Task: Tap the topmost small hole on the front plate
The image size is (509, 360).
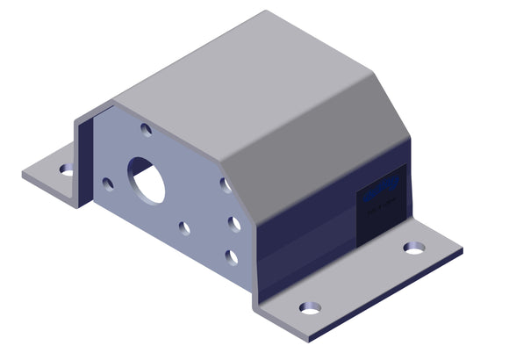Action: pos(146,129)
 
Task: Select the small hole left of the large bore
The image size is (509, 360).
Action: pos(107,184)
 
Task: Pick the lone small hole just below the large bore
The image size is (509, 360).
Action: pos(184,228)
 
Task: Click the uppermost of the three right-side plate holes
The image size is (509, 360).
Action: pos(226,185)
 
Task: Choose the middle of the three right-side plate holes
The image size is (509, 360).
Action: pos(234,224)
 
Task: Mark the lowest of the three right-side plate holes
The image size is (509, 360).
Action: pos(231,256)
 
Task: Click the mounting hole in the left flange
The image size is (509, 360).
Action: pos(67,169)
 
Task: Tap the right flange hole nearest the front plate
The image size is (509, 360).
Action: pos(309,308)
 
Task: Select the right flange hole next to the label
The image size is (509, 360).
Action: pos(413,248)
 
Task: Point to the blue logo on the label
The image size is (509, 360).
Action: pos(383,187)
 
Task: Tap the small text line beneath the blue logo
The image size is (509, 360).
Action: pos(383,207)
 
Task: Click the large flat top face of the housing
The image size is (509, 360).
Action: pos(237,79)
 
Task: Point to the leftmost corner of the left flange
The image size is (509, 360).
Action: pos(23,174)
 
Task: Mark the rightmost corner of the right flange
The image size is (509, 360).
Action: pos(462,251)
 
